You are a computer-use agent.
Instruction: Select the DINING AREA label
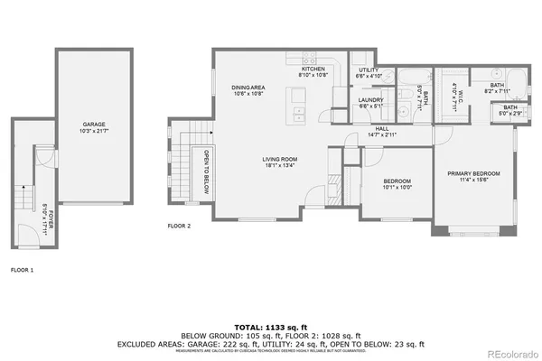click(x=248, y=88)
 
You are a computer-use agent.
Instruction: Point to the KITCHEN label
click(x=313, y=69)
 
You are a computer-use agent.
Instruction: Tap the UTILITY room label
click(x=367, y=69)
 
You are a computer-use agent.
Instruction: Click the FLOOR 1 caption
click(x=23, y=269)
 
